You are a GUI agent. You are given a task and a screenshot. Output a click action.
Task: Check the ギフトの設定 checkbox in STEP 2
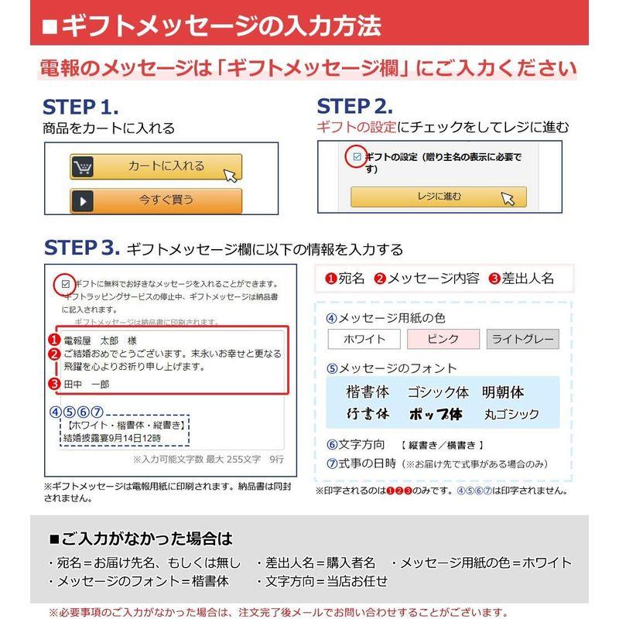tap(357, 157)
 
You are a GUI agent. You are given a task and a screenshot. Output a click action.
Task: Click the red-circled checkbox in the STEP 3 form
tap(66, 284)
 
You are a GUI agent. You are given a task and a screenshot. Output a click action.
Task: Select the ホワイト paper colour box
tap(364, 339)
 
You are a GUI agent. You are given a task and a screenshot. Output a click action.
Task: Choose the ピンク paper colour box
tap(443, 339)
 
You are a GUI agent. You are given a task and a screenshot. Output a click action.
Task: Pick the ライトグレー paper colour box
tap(522, 339)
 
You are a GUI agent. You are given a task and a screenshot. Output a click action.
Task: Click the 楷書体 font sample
tap(368, 392)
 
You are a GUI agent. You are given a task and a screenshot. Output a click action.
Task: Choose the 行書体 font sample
tap(368, 414)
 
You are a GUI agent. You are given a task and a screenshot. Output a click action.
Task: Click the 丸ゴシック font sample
tap(511, 414)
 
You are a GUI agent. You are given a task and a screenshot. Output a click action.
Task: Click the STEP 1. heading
tap(80, 107)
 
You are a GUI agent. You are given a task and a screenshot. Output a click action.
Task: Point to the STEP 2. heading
tap(355, 107)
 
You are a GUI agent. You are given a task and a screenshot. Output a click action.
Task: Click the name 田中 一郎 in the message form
tap(87, 384)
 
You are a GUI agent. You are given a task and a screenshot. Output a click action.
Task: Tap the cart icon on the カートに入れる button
tap(83, 166)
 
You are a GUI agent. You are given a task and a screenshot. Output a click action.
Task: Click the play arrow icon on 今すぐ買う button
tap(83, 200)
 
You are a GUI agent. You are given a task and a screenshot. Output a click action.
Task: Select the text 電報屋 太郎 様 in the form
tap(100, 340)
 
